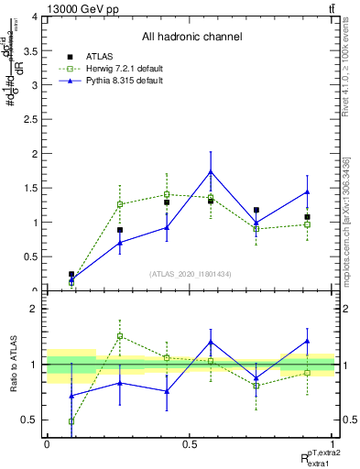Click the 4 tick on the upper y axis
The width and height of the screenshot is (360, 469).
37,17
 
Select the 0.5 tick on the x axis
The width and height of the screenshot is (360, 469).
191,444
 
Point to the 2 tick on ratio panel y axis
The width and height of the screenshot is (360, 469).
37,309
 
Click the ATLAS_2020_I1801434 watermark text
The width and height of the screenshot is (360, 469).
191,273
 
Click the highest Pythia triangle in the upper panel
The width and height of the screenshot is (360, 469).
211,171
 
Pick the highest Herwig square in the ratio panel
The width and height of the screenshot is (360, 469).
120,336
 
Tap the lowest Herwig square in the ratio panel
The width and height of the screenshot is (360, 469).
71,421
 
